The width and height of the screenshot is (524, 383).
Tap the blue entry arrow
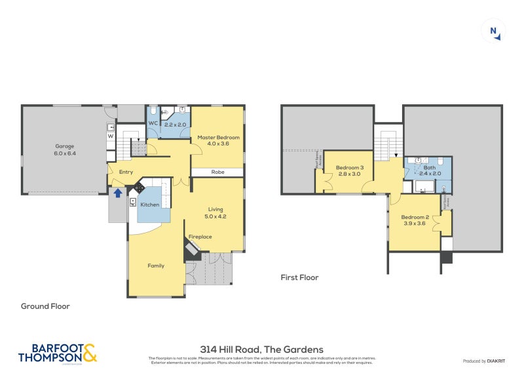coord(118,193)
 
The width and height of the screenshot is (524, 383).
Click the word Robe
coord(218,172)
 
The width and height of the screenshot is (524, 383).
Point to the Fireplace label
coord(200,236)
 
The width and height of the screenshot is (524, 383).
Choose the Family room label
coord(156,266)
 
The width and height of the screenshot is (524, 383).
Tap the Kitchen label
coord(150,205)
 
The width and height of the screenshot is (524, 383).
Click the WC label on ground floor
coord(153,123)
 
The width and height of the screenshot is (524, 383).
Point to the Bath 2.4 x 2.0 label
coord(429,171)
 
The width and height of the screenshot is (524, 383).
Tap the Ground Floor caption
coord(45,306)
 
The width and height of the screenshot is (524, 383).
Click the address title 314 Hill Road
coord(261,350)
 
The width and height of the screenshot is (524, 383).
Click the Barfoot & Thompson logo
coord(58,353)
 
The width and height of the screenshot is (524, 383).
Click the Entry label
coord(126,172)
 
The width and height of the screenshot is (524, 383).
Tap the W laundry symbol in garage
coord(111,136)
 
